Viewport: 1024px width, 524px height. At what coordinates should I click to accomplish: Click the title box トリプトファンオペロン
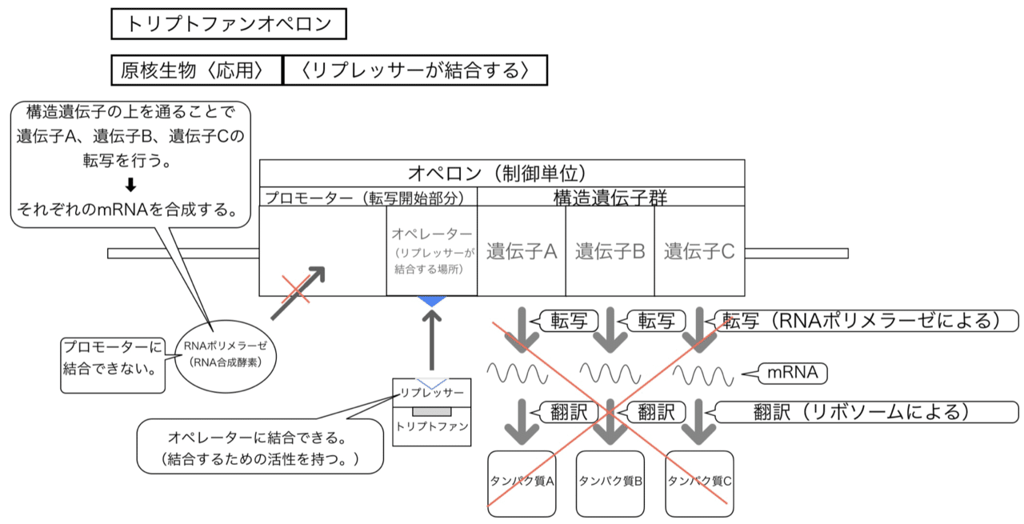click(x=228, y=24)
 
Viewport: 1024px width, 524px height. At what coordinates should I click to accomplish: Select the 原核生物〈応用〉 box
click(x=197, y=70)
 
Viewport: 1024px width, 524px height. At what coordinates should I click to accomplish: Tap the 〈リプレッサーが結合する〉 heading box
click(x=415, y=70)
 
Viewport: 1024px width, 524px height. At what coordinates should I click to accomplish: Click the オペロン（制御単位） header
click(x=502, y=173)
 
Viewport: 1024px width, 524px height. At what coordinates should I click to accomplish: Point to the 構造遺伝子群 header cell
click(x=610, y=197)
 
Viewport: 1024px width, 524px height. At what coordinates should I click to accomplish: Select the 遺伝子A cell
click(x=522, y=251)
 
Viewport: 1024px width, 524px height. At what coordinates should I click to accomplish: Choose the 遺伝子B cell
click(x=610, y=251)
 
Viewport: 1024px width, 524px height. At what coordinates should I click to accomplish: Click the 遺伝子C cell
click(x=699, y=251)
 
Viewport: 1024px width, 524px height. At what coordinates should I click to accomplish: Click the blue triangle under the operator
click(x=433, y=301)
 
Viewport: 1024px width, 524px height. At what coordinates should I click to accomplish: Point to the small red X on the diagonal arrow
click(x=294, y=287)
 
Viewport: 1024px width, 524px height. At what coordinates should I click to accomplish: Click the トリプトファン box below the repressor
click(x=432, y=426)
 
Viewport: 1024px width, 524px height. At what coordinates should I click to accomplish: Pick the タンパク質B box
click(x=610, y=482)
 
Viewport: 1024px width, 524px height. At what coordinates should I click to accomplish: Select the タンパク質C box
click(x=699, y=482)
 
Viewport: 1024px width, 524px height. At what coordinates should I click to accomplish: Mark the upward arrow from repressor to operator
click(x=433, y=340)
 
